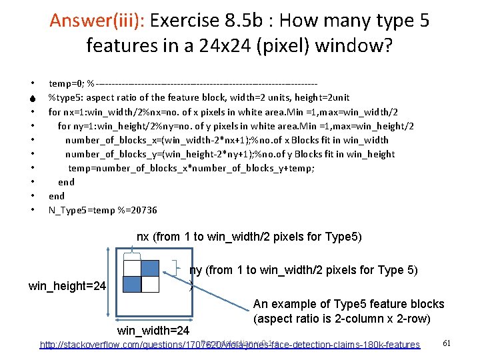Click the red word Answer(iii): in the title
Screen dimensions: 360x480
point(98,21)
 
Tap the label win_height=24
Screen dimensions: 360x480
point(67,287)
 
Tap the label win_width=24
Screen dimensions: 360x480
point(153,331)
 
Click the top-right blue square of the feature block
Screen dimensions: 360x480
point(151,267)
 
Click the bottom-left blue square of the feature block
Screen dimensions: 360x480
point(133,284)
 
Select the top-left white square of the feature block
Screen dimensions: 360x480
point(133,267)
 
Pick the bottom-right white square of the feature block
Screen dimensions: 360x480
point(151,284)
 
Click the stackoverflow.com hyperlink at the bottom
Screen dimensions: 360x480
point(230,345)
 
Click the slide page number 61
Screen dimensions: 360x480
point(447,343)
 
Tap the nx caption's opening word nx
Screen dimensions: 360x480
point(143,237)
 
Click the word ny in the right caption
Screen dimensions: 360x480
point(196,270)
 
